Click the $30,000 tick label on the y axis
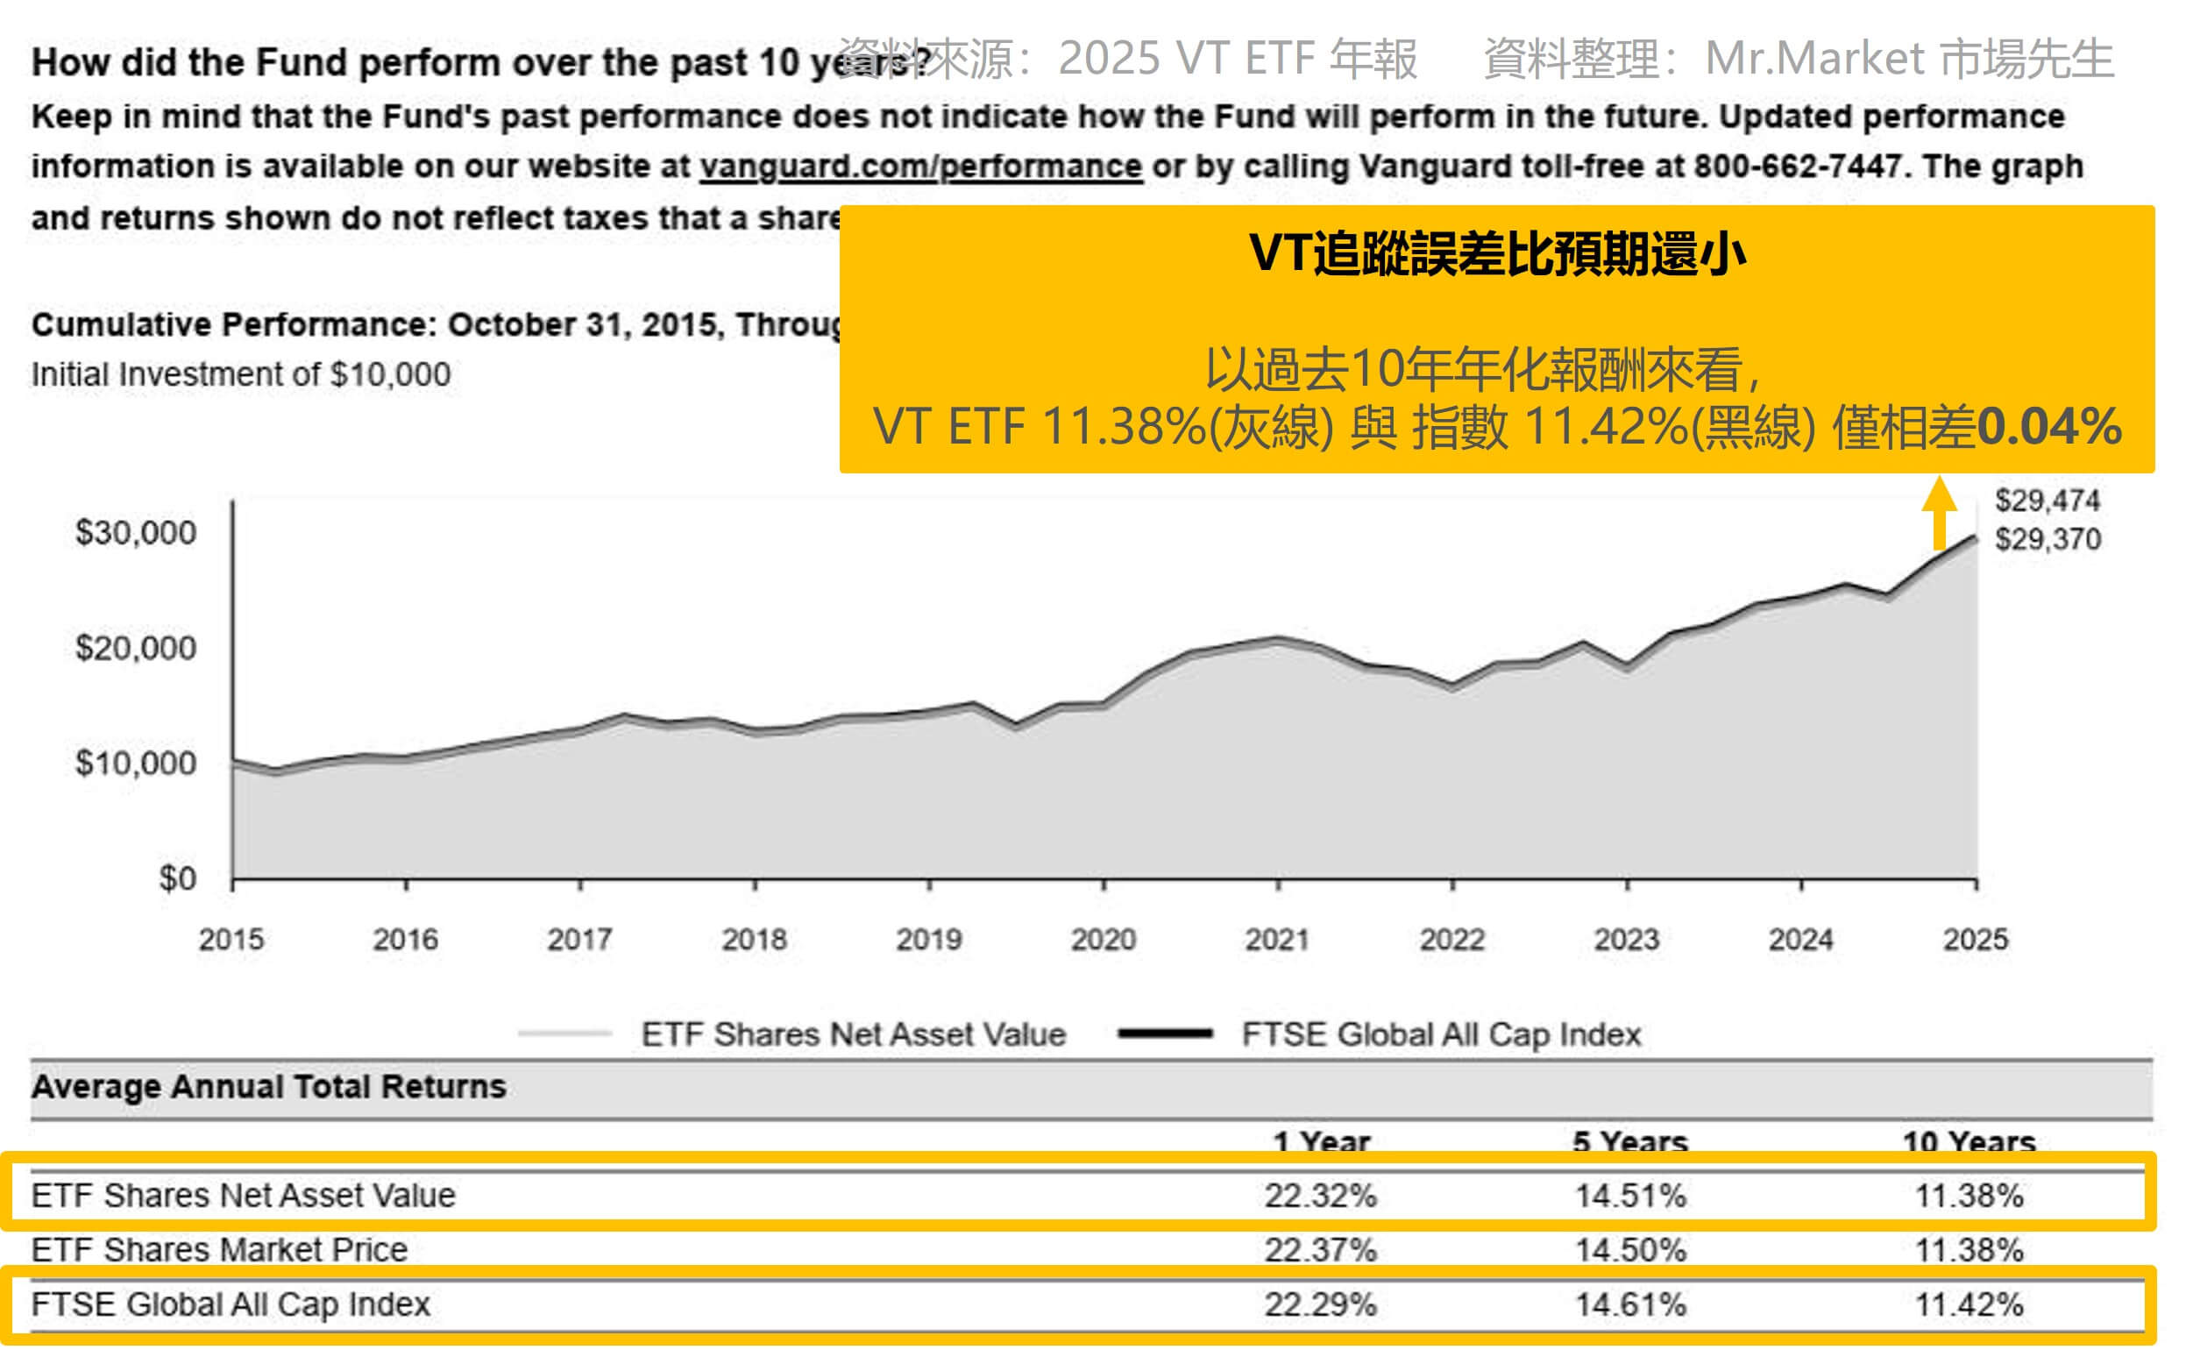click(136, 533)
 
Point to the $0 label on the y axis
click(177, 879)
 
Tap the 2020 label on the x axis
click(1104, 939)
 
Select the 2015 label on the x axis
click(231, 939)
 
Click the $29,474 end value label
click(2048, 501)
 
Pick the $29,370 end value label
click(2048, 539)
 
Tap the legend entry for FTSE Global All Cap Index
click(1441, 1034)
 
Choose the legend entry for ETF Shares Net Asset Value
click(854, 1034)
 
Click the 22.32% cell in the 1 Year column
click(1320, 1196)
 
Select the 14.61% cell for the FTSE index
click(1630, 1305)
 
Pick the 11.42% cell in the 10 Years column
click(1970, 1305)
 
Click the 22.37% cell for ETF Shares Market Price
click(1320, 1250)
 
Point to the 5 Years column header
click(1630, 1142)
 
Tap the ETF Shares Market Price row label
click(220, 1250)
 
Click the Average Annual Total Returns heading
click(269, 1087)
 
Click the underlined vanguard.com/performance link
click(920, 167)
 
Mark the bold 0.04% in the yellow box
click(2049, 426)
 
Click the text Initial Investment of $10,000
click(241, 374)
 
